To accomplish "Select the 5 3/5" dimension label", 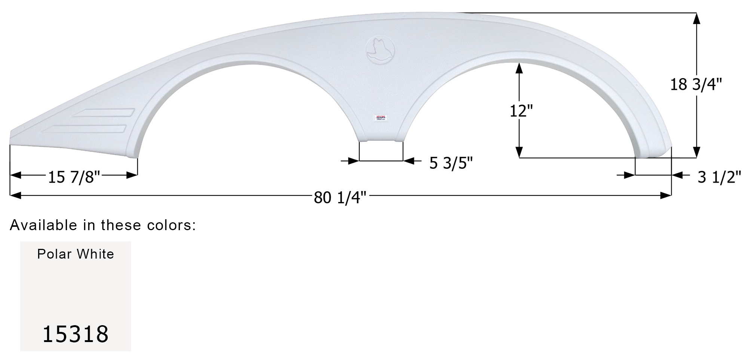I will click(451, 163).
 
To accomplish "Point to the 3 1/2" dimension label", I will click(719, 177).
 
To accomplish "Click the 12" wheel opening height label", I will click(521, 111).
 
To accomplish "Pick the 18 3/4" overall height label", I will click(695, 85).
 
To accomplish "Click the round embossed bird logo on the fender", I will click(380, 49).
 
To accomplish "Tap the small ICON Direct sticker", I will click(381, 118).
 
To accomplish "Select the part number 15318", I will click(76, 334).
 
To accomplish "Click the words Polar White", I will click(76, 254).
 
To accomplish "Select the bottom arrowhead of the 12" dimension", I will click(519, 152).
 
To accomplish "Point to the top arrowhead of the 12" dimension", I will click(519, 68).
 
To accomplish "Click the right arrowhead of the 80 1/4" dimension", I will click(666, 195).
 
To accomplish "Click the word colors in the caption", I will click(174, 225).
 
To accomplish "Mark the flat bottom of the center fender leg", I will click(381, 141).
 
